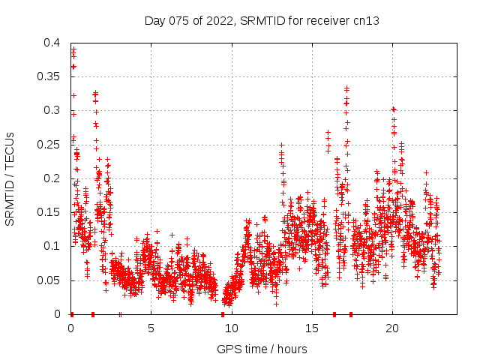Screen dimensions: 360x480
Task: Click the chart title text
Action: click(262, 21)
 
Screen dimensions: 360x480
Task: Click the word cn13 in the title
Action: click(367, 21)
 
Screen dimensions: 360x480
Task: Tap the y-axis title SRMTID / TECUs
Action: click(10, 178)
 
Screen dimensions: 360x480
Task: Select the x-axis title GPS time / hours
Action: click(262, 349)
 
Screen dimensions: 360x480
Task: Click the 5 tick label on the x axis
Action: click(151, 328)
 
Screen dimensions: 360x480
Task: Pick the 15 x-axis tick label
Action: click(311, 328)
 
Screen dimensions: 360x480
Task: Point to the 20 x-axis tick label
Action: click(391, 328)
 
